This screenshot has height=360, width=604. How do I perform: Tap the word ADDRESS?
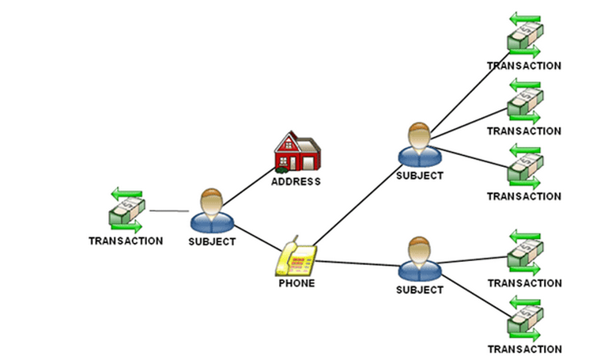(296, 181)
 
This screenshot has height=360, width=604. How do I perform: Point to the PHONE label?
(296, 282)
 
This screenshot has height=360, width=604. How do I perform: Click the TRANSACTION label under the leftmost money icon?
(126, 241)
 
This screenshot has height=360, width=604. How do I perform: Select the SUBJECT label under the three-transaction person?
(420, 176)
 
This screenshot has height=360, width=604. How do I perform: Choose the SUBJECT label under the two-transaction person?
(420, 290)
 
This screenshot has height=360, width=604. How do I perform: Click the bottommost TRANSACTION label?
(524, 349)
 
